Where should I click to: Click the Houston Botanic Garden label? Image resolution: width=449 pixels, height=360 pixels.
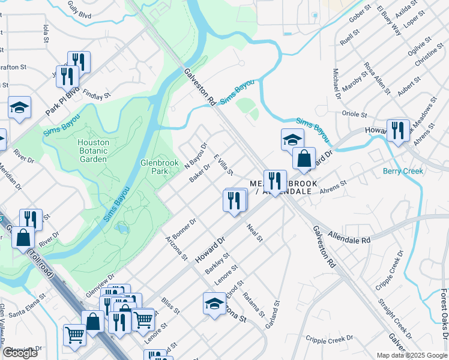point(94,151)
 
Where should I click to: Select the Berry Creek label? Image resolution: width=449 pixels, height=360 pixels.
point(403,171)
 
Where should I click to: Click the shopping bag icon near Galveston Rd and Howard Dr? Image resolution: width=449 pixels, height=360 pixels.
point(304,159)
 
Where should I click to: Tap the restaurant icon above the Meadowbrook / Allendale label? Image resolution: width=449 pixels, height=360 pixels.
point(275,181)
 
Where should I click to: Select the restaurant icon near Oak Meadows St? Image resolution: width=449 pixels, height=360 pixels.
point(397,130)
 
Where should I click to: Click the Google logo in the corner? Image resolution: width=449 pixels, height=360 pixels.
point(20,353)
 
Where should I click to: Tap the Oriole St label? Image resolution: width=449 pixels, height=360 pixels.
point(354,113)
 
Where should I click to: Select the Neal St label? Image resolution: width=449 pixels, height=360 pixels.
point(255,232)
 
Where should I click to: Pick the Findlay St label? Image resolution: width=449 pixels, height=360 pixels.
point(97,95)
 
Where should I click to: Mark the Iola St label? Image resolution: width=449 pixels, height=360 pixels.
point(46,34)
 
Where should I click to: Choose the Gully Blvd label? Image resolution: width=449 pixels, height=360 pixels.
point(79,12)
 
